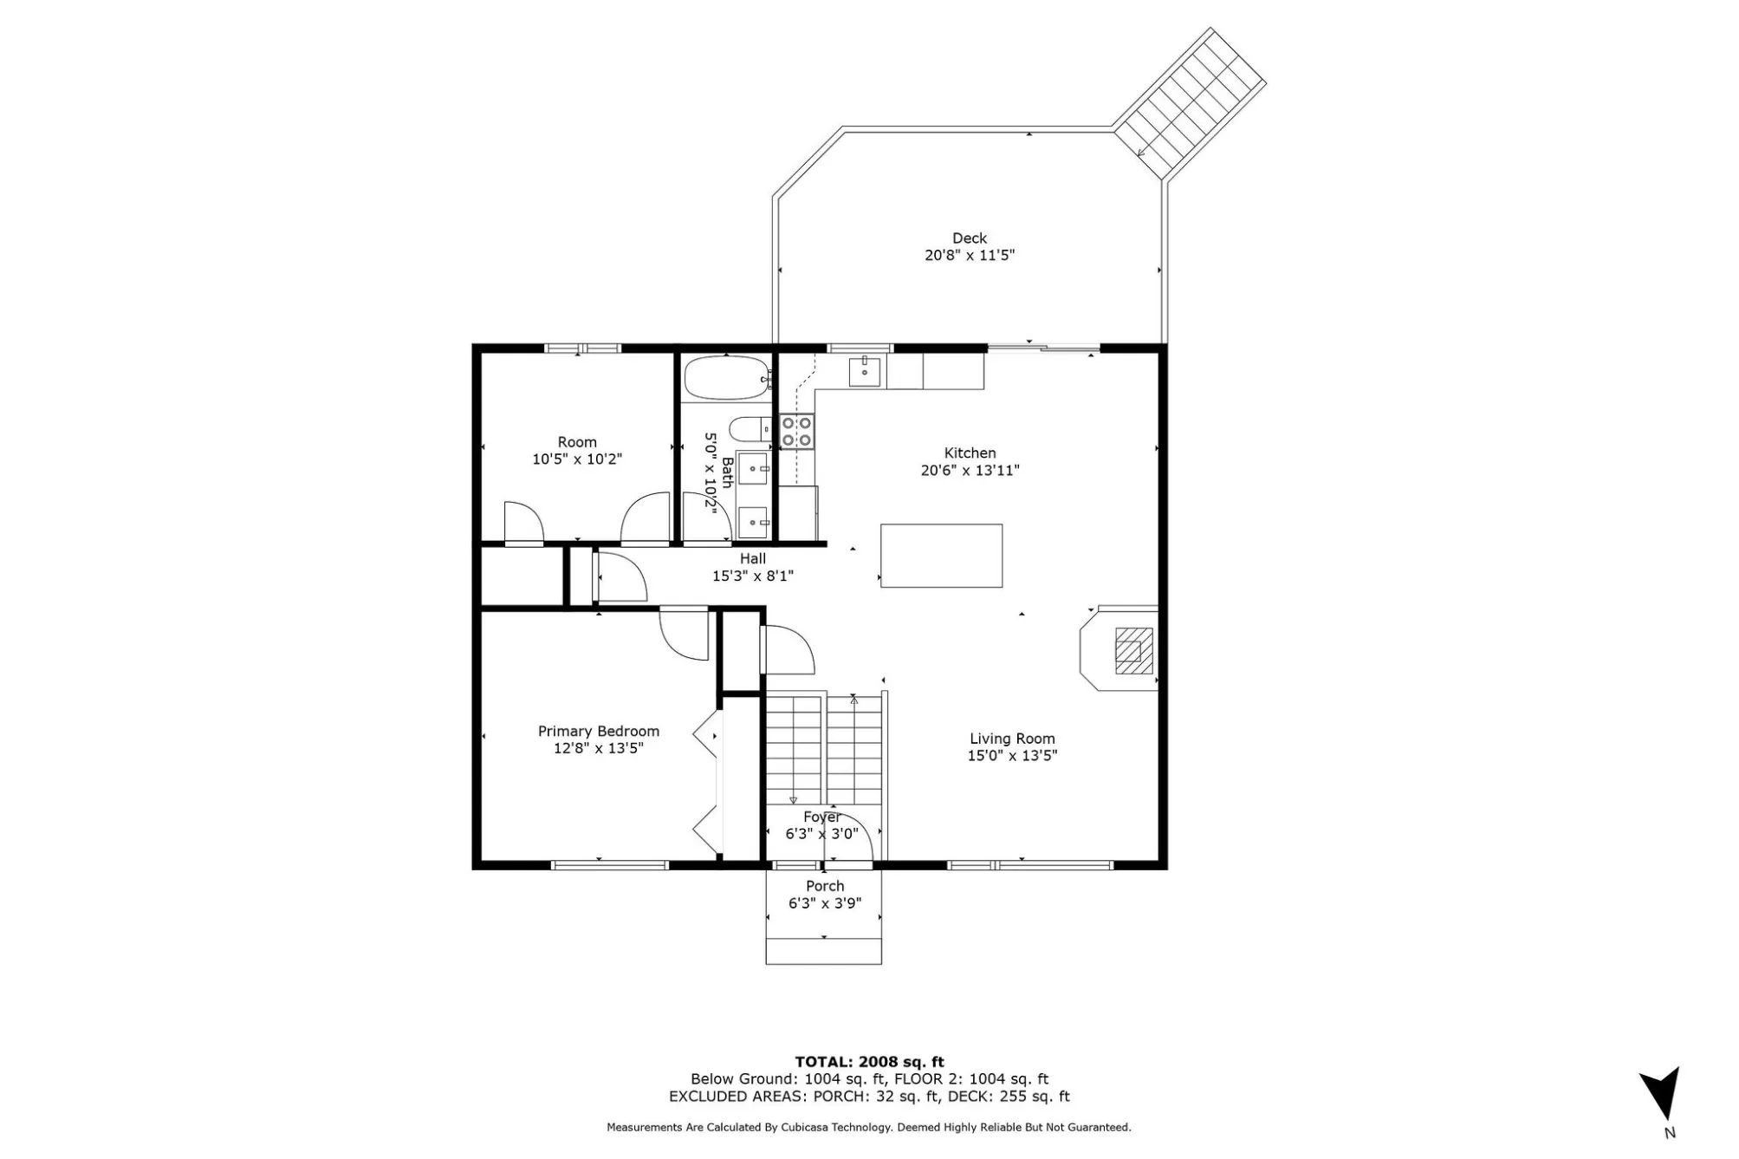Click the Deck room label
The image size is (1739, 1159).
(969, 238)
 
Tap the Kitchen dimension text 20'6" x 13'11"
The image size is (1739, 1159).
(970, 471)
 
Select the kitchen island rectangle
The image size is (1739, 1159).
(941, 556)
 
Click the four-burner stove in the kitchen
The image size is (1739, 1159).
(797, 432)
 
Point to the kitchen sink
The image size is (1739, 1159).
(865, 372)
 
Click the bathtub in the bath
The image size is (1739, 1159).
(727, 378)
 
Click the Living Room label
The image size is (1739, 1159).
(1012, 739)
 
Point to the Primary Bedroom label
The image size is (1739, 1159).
(599, 732)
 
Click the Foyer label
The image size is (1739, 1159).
(821, 817)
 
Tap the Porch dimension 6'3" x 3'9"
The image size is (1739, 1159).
(824, 903)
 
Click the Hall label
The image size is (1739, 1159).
(752, 559)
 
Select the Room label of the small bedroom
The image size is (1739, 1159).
(577, 442)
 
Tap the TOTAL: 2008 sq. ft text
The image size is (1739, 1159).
(869, 1062)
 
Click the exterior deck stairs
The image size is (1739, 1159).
(1189, 104)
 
